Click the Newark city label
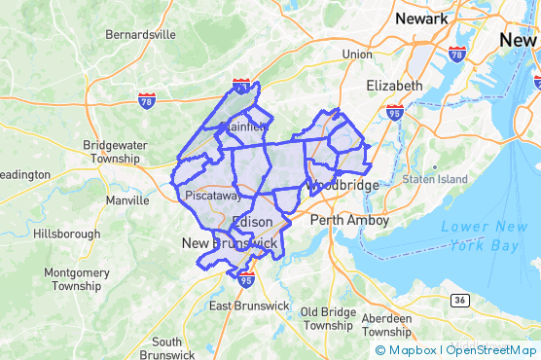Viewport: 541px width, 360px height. pyautogui.click(x=421, y=18)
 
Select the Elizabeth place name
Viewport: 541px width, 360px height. pyautogui.click(x=394, y=86)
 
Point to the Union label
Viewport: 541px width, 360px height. pyautogui.click(x=356, y=54)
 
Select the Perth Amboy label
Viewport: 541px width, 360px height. pyautogui.click(x=349, y=221)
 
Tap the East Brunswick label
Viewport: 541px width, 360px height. pyautogui.click(x=250, y=306)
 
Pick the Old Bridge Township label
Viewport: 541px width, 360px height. pyautogui.click(x=328, y=318)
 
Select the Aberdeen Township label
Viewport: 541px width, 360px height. pyautogui.click(x=393, y=325)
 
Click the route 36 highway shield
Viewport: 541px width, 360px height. pyautogui.click(x=457, y=302)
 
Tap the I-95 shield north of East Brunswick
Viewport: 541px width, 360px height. pyautogui.click(x=245, y=279)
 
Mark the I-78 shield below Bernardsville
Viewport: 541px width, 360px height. pyautogui.click(x=145, y=100)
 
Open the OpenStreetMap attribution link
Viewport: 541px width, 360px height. pyautogui.click(x=493, y=350)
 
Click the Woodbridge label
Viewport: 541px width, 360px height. pyautogui.click(x=341, y=184)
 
